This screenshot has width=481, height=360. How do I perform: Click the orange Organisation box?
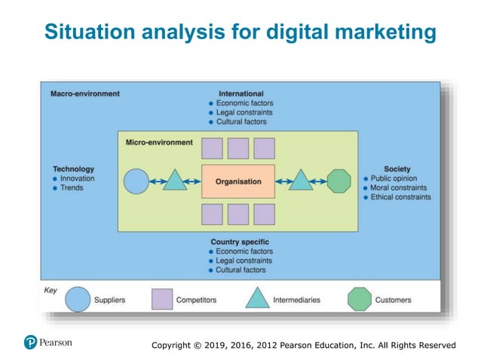tap(238, 182)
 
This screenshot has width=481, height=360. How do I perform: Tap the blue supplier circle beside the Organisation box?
tap(136, 182)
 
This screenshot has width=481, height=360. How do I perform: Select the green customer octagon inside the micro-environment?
tap(339, 182)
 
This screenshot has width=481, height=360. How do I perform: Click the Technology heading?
tap(73, 169)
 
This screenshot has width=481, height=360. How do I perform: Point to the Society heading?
tap(397, 169)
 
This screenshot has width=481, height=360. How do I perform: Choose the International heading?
tap(240, 94)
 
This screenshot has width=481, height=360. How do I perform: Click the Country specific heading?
tap(240, 242)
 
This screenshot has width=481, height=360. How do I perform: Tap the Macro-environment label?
tap(84, 94)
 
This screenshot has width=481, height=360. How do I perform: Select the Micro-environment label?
tap(158, 142)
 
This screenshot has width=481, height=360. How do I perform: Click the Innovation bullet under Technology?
tap(78, 178)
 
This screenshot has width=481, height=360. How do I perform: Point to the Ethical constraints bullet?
tap(400, 197)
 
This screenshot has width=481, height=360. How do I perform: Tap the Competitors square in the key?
tap(162, 300)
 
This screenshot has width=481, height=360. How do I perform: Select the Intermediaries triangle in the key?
tap(258, 299)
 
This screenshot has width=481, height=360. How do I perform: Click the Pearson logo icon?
tap(31, 343)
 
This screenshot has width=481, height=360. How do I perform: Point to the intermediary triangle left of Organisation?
tap(175, 181)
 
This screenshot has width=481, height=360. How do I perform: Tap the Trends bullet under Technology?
tap(72, 188)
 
